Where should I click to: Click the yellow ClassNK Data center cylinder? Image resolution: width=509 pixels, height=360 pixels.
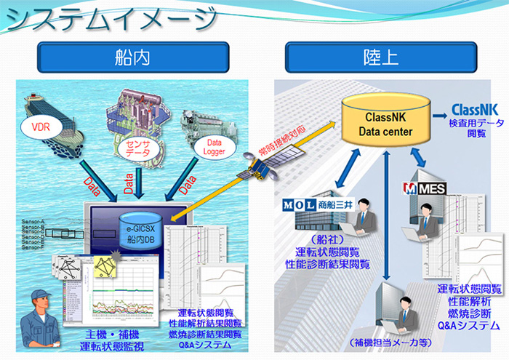point(388,124)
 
